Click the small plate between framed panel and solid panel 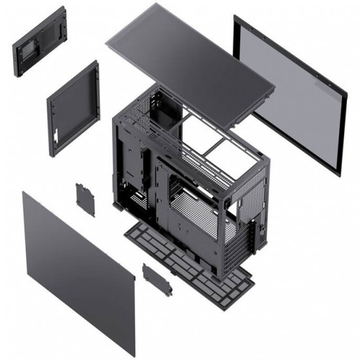(84, 199)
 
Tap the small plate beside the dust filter (157, 278)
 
